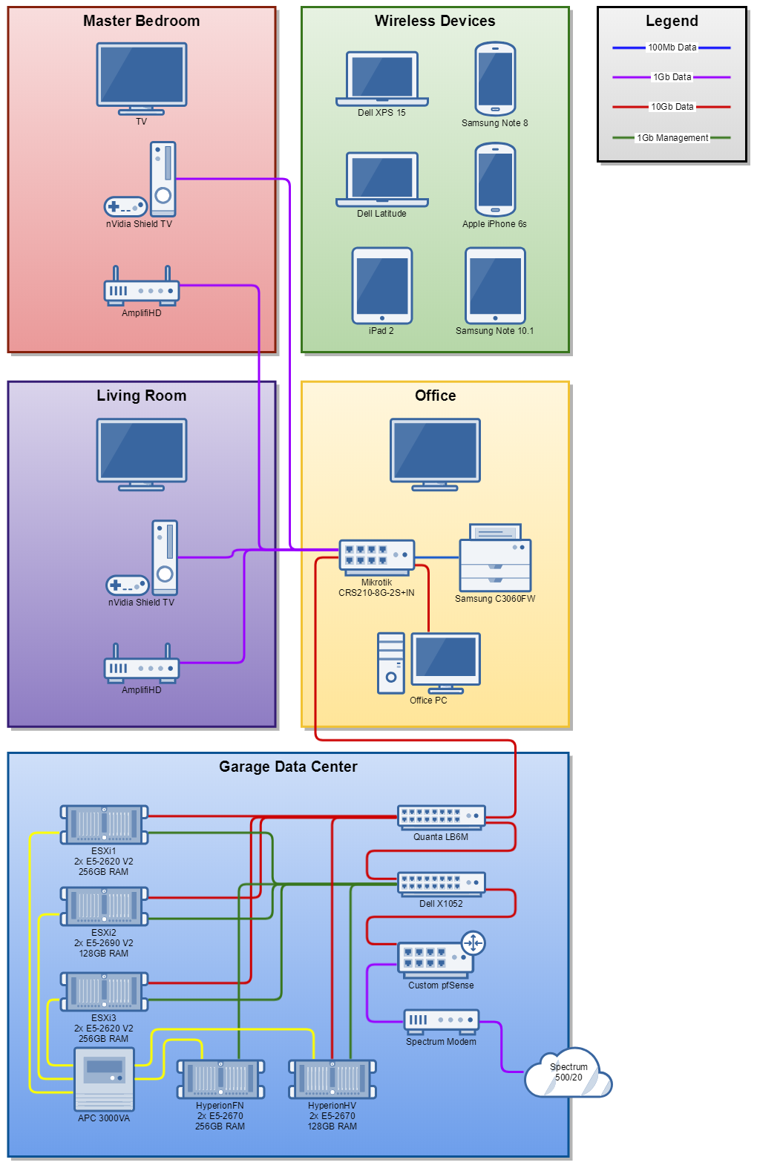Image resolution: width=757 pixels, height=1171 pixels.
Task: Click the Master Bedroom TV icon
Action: point(142,79)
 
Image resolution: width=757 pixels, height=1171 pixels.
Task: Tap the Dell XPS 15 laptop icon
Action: point(382,79)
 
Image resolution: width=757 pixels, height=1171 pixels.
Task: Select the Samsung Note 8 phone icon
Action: point(495,79)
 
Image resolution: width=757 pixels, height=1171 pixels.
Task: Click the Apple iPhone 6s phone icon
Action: point(495,180)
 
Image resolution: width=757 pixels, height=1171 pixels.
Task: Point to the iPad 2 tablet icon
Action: point(382,286)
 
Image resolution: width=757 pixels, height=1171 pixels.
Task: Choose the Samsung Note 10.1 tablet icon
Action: point(495,286)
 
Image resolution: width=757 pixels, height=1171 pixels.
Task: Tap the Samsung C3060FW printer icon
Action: point(495,558)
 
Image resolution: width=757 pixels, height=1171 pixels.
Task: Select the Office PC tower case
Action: point(391,663)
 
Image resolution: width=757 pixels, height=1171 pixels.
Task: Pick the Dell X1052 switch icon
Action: point(442,885)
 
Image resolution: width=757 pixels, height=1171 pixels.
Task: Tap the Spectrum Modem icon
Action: point(442,1022)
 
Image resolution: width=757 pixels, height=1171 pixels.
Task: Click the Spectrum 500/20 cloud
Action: point(568,1073)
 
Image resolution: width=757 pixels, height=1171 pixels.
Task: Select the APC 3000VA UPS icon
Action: point(104,1079)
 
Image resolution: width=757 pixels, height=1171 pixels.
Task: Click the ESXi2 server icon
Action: point(104,907)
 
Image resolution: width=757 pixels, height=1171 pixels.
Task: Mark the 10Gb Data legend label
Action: point(672,107)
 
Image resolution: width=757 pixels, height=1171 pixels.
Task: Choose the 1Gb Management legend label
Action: point(672,137)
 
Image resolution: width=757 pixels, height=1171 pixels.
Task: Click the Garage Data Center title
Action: point(288,767)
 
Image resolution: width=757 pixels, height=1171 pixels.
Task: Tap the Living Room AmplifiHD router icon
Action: point(142,663)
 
